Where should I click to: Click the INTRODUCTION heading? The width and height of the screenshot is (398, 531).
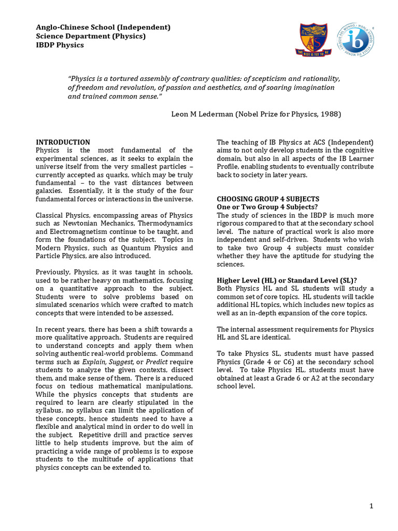pos(63,142)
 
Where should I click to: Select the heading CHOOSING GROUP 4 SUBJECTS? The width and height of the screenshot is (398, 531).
pos(268,199)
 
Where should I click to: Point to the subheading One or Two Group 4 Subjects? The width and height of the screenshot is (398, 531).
pos(267,207)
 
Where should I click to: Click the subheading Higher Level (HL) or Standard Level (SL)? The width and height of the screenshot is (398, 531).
pos(287,281)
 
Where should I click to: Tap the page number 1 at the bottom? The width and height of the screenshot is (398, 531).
pos(372,507)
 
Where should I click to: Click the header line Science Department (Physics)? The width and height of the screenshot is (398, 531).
pos(91,36)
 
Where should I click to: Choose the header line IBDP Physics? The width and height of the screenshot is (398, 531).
pos(60,45)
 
